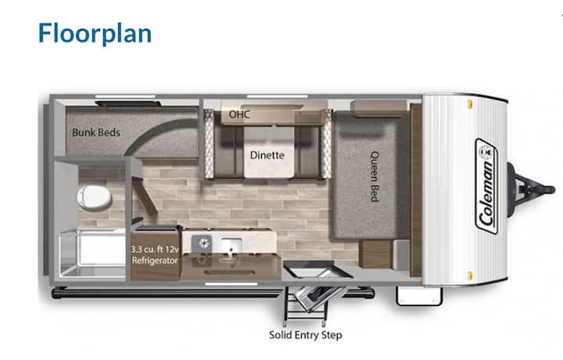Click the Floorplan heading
pyautogui.click(x=95, y=34)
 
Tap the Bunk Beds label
pyautogui.click(x=96, y=132)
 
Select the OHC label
pyautogui.click(x=239, y=114)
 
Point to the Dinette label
pyautogui.click(x=267, y=155)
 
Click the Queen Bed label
pyautogui.click(x=375, y=176)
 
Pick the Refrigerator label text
pyautogui.click(x=155, y=261)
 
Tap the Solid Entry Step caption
pyautogui.click(x=306, y=335)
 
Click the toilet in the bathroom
pyautogui.click(x=94, y=197)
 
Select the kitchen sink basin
pyautogui.click(x=230, y=245)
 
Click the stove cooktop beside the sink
pyautogui.click(x=202, y=243)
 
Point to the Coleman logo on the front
pyautogui.click(x=486, y=186)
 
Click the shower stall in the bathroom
pyautogui.click(x=92, y=254)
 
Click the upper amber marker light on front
pyautogui.click(x=470, y=104)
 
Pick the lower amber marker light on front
pyautogui.click(x=470, y=276)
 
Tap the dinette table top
pyautogui.click(x=269, y=153)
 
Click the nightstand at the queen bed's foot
pyautogui.click(x=375, y=254)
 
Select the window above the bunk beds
pyautogui.click(x=125, y=96)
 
